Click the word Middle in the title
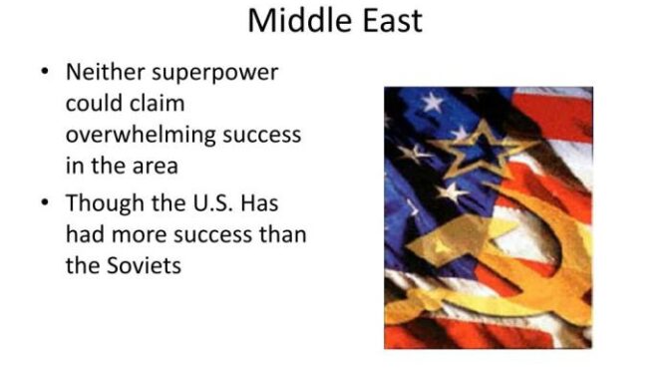click(290, 20)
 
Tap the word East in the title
click(384, 20)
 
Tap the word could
click(92, 103)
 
